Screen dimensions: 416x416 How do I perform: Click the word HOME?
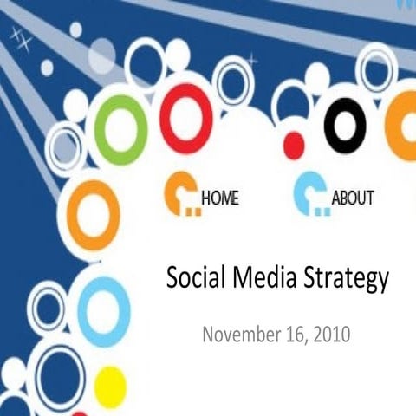pyautogui.click(x=220, y=198)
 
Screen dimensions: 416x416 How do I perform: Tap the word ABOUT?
pyautogui.click(x=353, y=198)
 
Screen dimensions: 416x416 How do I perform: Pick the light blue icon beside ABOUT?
pyautogui.click(x=309, y=195)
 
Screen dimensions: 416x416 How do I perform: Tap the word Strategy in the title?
pyautogui.click(x=346, y=280)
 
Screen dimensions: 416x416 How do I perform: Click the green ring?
pyautogui.click(x=120, y=130)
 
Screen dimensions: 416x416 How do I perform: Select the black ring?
pyautogui.click(x=345, y=126)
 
